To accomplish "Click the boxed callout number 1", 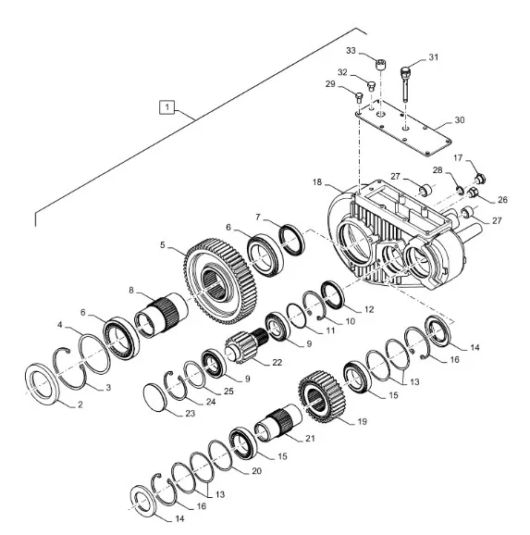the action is point(166,107).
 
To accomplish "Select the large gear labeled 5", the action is point(221,281).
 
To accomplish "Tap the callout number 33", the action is point(351,51).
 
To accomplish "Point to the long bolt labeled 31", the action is point(405,84).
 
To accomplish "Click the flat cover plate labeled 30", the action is point(403,127).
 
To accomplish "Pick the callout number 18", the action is point(317,182).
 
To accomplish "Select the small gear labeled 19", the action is point(322,397).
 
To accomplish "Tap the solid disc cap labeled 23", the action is point(155,397).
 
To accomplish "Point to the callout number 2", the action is point(80,404).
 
